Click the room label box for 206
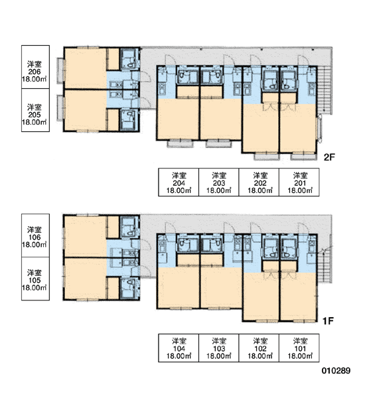point(35,67)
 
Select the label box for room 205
point(35,110)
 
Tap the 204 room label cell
point(179,182)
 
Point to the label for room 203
point(219,182)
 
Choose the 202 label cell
point(259,182)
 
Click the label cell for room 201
point(299,182)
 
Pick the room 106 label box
point(35,235)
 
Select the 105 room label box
point(35,279)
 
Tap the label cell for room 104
point(179,348)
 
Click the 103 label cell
point(219,348)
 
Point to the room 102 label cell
point(259,348)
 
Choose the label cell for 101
point(299,348)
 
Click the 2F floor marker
point(329,157)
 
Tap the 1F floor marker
point(328,321)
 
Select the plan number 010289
point(336,371)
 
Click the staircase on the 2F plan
point(325,90)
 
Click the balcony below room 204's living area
point(180,144)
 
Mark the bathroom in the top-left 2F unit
point(129,58)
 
